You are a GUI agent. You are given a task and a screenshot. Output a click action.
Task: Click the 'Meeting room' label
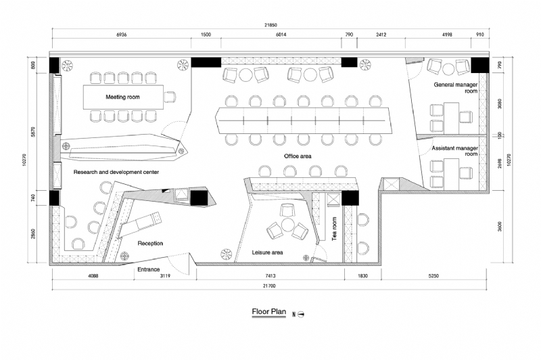pyautogui.click(x=122, y=97)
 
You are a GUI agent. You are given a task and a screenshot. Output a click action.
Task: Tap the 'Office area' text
pyautogui.click(x=297, y=156)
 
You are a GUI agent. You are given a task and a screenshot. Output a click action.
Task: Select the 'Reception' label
pyautogui.click(x=150, y=243)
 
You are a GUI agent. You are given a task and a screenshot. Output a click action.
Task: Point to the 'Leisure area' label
pyautogui.click(x=267, y=252)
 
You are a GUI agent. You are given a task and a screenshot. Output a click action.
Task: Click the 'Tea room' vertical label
pyautogui.click(x=333, y=228)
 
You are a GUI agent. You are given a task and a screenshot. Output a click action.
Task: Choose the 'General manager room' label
pyautogui.click(x=456, y=87)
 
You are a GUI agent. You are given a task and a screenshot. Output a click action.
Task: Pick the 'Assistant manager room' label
pyautogui.click(x=455, y=150)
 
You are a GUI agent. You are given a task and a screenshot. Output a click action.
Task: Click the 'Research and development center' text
pyautogui.click(x=116, y=173)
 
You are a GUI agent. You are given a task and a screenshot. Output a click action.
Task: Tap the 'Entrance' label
pyautogui.click(x=149, y=269)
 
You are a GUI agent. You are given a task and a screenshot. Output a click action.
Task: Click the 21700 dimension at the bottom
pyautogui.click(x=268, y=286)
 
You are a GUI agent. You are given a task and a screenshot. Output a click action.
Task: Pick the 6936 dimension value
pyautogui.click(x=122, y=35)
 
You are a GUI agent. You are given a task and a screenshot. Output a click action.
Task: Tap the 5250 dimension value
pyautogui.click(x=432, y=277)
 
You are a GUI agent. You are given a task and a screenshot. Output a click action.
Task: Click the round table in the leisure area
pyautogui.click(x=287, y=225)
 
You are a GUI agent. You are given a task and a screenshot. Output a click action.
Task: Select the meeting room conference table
pyautogui.click(x=124, y=97)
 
